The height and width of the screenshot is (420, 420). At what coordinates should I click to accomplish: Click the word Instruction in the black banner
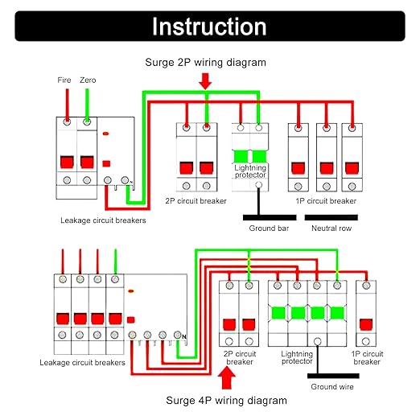click(x=209, y=27)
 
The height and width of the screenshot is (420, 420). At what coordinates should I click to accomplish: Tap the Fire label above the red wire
click(x=64, y=80)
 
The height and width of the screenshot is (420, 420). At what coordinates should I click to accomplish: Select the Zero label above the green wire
click(x=88, y=80)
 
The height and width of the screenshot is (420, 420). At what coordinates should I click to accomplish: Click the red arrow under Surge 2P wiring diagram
click(x=205, y=81)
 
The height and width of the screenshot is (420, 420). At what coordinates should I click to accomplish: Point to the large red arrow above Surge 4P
click(x=227, y=377)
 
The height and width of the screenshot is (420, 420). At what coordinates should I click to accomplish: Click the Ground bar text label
click(x=269, y=229)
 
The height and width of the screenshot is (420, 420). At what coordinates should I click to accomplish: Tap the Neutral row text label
click(x=331, y=229)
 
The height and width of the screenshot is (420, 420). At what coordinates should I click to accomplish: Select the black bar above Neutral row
click(x=331, y=217)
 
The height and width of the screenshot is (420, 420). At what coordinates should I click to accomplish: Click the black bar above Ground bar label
click(x=270, y=217)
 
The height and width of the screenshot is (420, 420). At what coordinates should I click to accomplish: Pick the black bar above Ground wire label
click(x=333, y=376)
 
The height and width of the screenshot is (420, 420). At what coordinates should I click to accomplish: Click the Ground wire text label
click(x=332, y=387)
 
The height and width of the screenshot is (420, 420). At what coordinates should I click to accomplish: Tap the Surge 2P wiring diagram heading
click(x=205, y=63)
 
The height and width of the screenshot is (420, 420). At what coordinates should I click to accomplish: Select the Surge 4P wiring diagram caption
click(x=226, y=401)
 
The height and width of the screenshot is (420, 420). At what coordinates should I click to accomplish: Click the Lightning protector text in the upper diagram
click(x=250, y=171)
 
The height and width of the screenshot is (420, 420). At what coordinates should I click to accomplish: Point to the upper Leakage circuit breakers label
click(x=103, y=220)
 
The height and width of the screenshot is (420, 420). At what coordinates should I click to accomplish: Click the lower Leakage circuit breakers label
click(x=82, y=363)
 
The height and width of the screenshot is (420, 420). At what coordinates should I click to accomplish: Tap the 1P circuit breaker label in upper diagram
click(x=326, y=201)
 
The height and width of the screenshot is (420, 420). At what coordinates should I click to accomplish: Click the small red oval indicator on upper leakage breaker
click(x=106, y=134)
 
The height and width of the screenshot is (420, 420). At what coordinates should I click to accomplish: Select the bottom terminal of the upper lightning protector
click(x=258, y=184)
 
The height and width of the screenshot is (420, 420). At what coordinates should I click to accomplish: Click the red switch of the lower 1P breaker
click(x=366, y=324)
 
